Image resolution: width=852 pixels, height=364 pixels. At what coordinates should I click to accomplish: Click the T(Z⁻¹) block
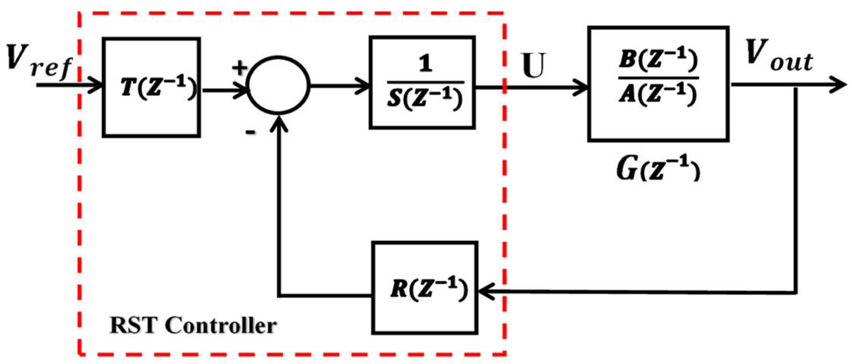(151, 87)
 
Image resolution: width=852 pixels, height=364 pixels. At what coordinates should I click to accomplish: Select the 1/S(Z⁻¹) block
(422, 83)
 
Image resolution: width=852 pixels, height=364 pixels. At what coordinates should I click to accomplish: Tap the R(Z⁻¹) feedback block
(425, 288)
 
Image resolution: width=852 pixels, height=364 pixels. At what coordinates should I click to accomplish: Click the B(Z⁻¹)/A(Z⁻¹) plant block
(658, 84)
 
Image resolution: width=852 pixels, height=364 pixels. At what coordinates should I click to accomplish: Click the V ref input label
(38, 61)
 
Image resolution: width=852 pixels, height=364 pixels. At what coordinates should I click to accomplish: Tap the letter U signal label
(534, 65)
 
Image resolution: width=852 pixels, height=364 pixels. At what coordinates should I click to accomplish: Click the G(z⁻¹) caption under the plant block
(658, 169)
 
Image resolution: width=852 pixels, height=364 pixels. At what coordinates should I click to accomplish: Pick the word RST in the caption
(133, 326)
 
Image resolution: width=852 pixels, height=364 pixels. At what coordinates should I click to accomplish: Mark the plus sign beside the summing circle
(239, 68)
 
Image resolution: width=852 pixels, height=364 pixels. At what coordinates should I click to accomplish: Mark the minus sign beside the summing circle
(250, 132)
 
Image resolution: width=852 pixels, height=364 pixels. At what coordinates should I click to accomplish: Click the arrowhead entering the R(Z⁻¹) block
(486, 292)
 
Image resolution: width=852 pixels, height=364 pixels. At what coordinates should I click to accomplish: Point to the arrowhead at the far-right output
(838, 84)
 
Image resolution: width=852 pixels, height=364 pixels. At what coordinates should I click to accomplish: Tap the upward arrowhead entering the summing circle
(279, 123)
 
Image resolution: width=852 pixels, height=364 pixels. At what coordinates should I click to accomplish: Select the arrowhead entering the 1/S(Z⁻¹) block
(362, 86)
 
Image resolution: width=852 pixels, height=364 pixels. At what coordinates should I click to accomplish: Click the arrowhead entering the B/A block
(580, 88)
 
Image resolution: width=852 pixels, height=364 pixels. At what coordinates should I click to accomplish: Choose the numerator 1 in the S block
(425, 64)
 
